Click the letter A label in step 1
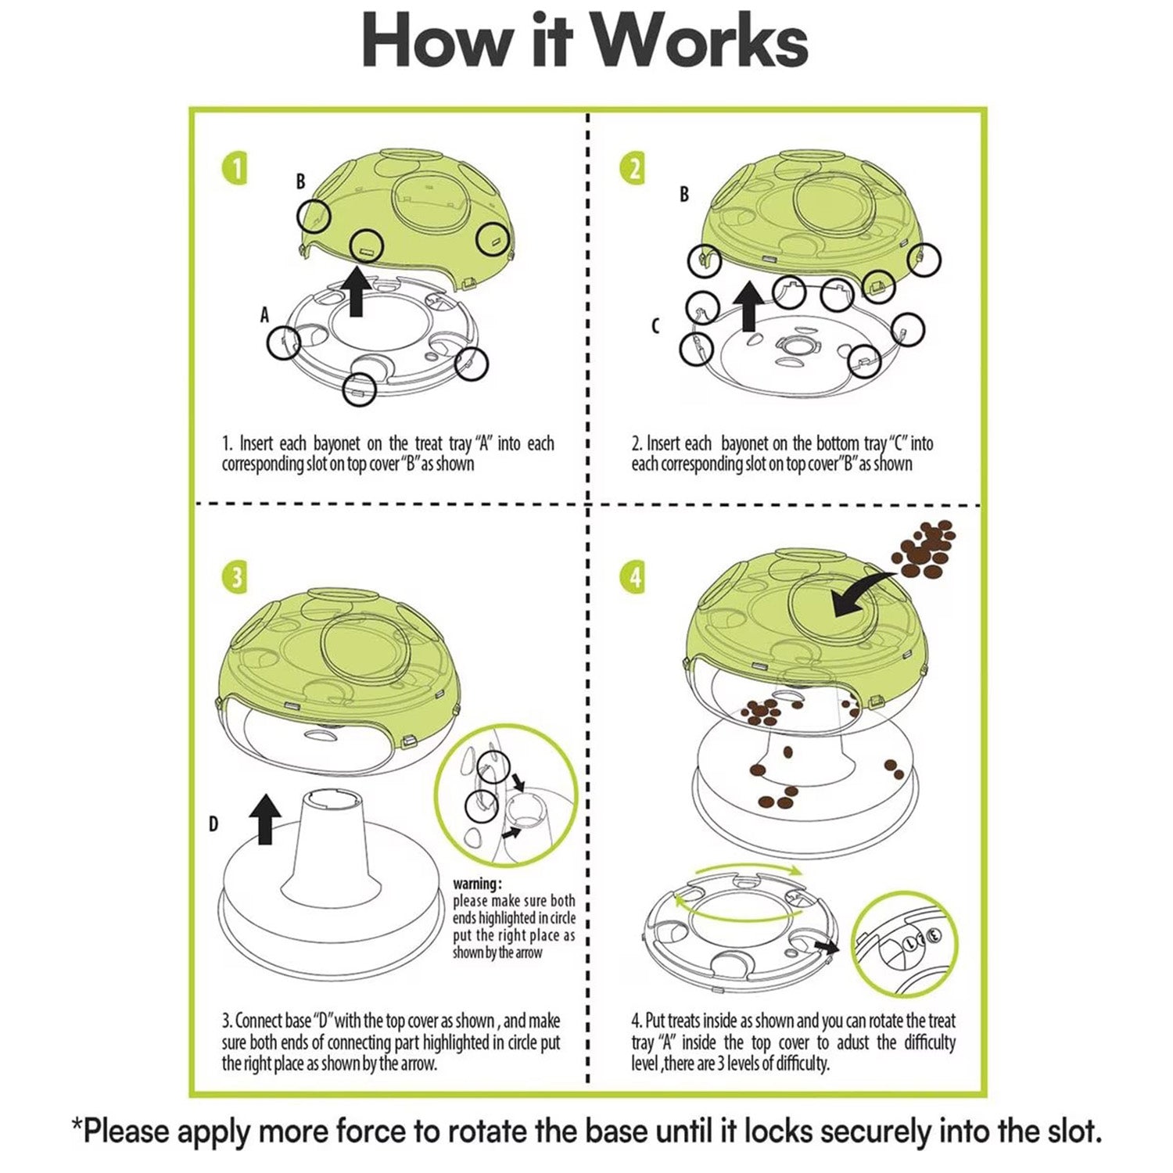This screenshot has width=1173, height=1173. coord(264,315)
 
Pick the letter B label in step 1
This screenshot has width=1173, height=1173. coord(300,181)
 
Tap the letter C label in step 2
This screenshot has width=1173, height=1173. coord(655,327)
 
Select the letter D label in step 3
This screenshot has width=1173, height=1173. coord(213,824)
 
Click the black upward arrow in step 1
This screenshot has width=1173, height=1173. coord(357,292)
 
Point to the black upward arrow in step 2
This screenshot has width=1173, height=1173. coord(748,306)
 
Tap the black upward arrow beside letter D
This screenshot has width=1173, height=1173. coord(265,819)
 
